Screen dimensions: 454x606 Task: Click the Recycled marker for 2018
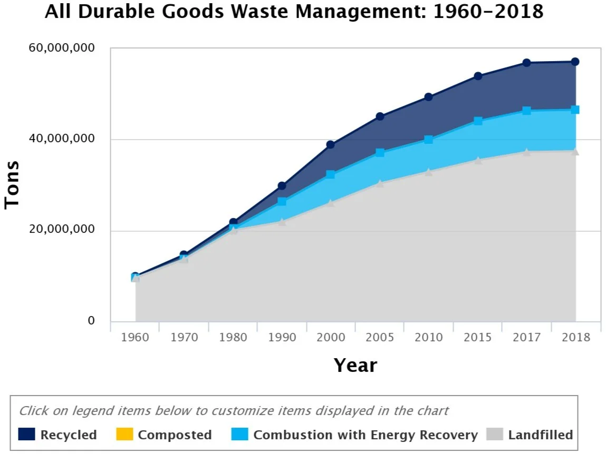[575, 62]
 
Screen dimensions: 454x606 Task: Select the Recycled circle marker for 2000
[331, 144]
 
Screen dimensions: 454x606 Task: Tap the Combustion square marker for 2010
[429, 140]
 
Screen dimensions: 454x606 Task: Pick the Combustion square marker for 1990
[282, 201]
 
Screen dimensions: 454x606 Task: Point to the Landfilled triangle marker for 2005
[380, 183]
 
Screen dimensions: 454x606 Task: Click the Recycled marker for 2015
[478, 76]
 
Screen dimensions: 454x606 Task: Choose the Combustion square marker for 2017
[526, 111]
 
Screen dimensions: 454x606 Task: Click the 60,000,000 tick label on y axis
[61, 48]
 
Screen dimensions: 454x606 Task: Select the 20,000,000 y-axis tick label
[61, 230]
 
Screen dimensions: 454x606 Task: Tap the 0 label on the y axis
[91, 321]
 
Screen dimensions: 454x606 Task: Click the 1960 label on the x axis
[135, 338]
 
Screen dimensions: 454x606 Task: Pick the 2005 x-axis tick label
[380, 338]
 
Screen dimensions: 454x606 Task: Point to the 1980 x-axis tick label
[233, 338]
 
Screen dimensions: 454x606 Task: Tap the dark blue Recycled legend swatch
[26, 435]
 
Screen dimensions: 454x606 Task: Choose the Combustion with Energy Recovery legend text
[365, 435]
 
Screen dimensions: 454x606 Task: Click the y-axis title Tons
[12, 184]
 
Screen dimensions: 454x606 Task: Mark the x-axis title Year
[355, 365]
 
